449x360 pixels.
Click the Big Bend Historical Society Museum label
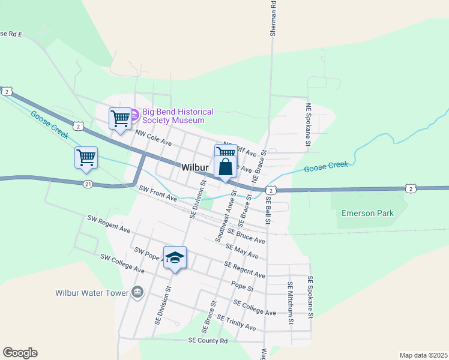coord(178,116)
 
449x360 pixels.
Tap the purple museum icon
coord(135,113)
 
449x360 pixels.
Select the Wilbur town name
coord(194,169)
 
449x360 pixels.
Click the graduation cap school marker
coord(175,257)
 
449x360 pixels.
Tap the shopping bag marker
coord(225,167)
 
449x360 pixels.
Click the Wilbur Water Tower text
coord(92,293)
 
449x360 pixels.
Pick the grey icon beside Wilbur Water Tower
coord(137,292)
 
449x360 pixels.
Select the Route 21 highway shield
coord(88,184)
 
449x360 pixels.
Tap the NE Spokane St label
coord(308,125)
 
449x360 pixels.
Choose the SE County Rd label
coord(208,340)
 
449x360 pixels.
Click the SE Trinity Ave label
coord(237,323)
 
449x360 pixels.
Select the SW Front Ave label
coord(158,193)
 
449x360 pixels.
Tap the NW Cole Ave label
coord(154,139)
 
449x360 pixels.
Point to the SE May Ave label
coord(242,251)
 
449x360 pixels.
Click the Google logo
coord(20,353)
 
